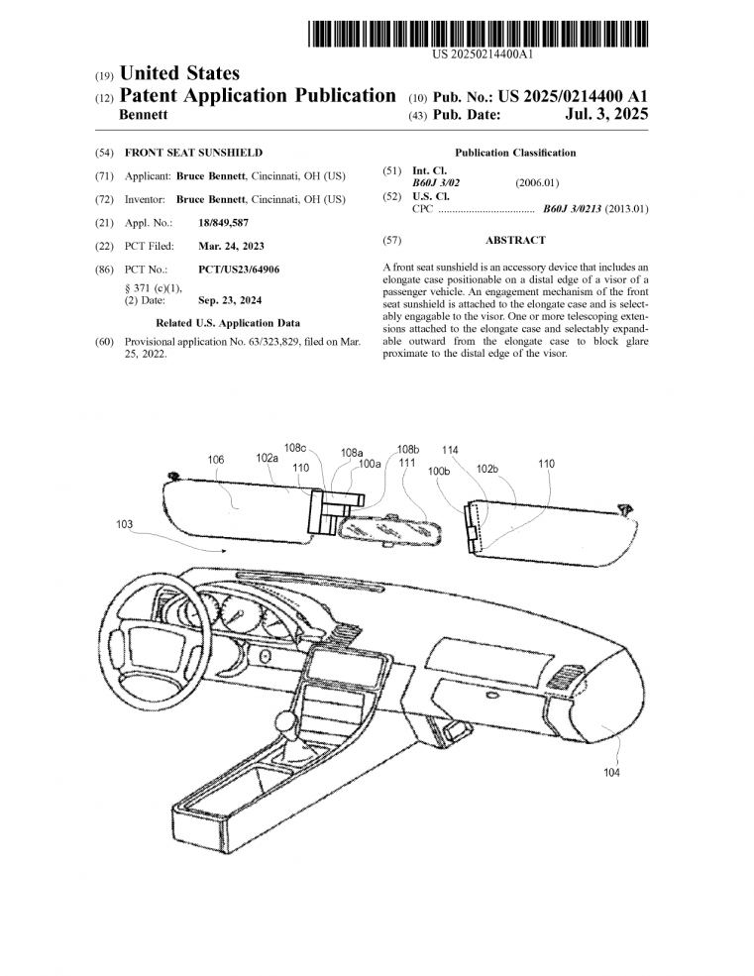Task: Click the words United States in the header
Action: pyautogui.click(x=179, y=73)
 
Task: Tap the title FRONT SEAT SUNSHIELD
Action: pyautogui.click(x=193, y=153)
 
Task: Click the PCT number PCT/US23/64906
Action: pyautogui.click(x=239, y=270)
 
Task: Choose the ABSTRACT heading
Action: pyautogui.click(x=515, y=240)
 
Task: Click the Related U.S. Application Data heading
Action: pyautogui.click(x=228, y=323)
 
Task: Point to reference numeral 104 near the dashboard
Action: pyautogui.click(x=611, y=773)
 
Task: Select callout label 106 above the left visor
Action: pyautogui.click(x=216, y=460)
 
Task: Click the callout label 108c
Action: pyautogui.click(x=295, y=447)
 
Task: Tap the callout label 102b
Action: pyautogui.click(x=487, y=469)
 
